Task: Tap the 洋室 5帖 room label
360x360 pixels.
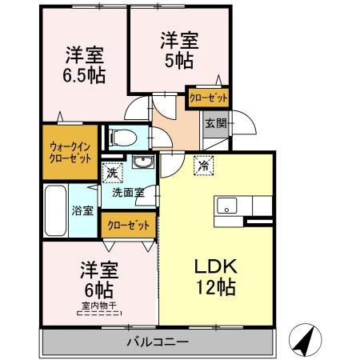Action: coord(178,50)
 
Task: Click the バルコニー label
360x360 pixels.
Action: coord(157,342)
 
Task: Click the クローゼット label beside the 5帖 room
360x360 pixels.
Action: coord(209,98)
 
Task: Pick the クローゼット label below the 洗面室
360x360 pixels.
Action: coord(128,226)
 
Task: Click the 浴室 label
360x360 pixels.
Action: coord(83,210)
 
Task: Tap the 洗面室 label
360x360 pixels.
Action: coord(127,193)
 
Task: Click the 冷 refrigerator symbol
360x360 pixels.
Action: coord(204,166)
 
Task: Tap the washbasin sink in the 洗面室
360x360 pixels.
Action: coord(145,166)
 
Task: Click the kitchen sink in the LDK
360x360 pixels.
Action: coord(225,206)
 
